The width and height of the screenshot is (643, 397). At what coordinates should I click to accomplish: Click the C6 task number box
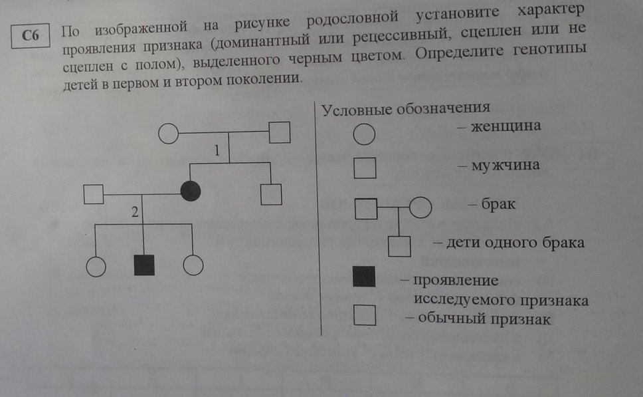click(x=31, y=36)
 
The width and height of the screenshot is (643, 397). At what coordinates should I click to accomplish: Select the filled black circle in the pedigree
click(x=191, y=191)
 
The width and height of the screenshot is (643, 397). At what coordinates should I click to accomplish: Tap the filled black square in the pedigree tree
click(x=144, y=265)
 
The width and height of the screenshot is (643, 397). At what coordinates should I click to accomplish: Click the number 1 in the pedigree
click(x=217, y=151)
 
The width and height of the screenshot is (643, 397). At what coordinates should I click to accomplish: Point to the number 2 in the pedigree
click(x=135, y=212)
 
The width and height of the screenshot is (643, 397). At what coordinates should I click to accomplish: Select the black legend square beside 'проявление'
click(x=364, y=276)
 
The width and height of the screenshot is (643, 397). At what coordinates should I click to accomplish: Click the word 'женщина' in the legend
click(x=505, y=126)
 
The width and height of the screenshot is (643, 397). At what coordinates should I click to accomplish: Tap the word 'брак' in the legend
click(x=498, y=203)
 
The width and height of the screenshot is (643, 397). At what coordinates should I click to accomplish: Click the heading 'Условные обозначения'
click(x=406, y=109)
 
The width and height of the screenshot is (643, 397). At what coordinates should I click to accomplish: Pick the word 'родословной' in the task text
click(x=352, y=19)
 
